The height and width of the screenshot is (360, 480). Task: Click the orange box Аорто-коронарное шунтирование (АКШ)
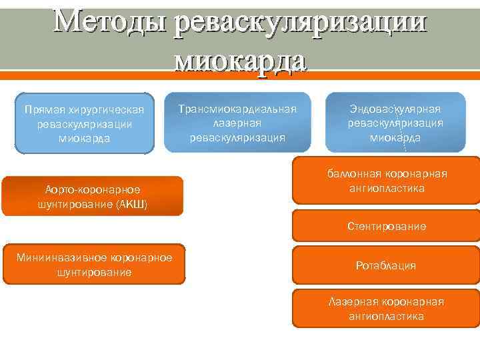click(x=92, y=196)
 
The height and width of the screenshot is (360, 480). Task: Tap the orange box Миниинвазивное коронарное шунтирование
click(x=94, y=265)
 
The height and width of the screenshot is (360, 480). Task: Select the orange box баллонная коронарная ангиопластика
click(x=387, y=181)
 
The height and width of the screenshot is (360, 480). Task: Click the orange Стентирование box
click(x=387, y=227)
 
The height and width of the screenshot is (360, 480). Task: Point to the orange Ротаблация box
click(x=387, y=265)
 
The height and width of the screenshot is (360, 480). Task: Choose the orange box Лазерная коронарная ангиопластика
click(x=387, y=309)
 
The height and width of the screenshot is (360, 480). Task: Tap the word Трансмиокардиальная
click(x=237, y=109)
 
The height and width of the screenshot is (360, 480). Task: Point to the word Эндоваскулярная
click(x=395, y=109)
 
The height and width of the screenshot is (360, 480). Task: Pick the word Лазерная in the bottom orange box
click(x=350, y=301)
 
